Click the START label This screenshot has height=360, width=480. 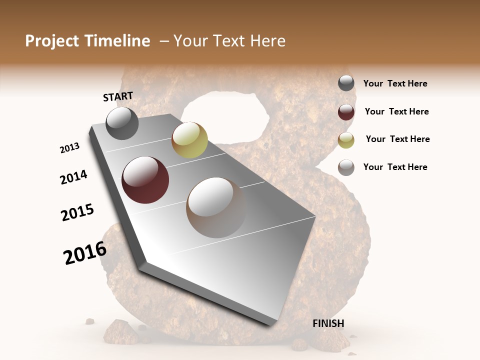pos(118,96)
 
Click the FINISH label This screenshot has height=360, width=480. pos(328,323)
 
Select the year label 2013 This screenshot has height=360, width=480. pos(70,148)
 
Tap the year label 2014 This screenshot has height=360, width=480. pos(73,177)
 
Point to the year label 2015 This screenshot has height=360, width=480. pos(77,213)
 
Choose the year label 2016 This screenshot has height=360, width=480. pos(85,253)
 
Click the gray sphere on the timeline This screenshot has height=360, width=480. pos(122,123)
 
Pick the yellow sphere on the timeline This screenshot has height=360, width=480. pos(189,140)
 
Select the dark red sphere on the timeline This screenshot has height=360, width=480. pos(145,180)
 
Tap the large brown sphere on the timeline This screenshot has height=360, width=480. pos(216,207)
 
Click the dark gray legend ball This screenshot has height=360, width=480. pos(346,83)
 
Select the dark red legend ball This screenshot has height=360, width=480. pos(346,111)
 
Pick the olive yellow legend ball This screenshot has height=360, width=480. pos(346,139)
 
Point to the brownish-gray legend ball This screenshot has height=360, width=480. pos(346,167)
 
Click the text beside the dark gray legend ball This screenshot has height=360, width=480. pos(395,83)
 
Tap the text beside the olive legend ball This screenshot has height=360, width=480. pos(397,139)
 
